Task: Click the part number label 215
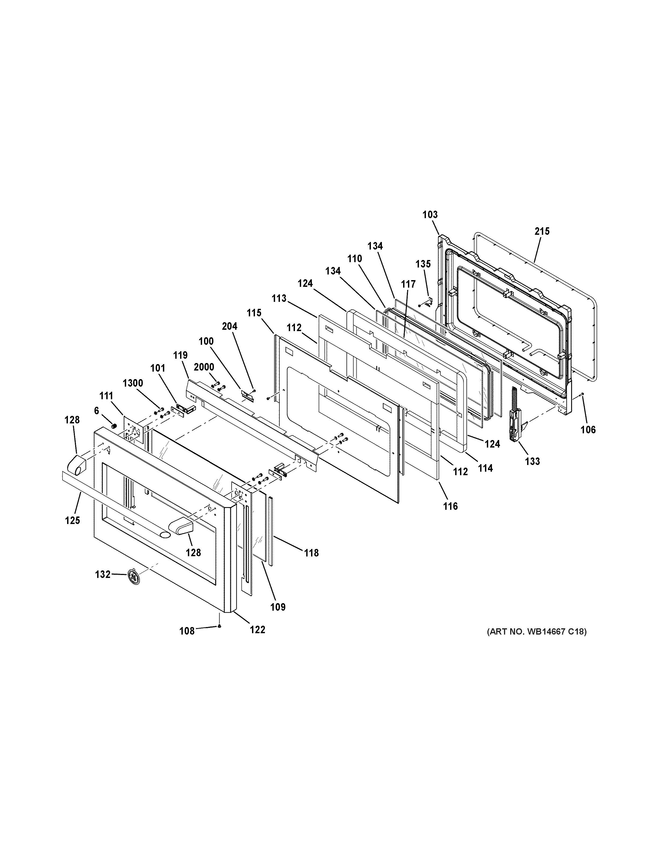542,232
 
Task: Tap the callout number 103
430,214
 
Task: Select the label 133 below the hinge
532,461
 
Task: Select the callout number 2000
204,367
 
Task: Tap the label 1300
133,383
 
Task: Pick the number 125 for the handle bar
72,520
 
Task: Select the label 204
230,326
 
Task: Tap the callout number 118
311,553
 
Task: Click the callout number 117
408,284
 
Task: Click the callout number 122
257,629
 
